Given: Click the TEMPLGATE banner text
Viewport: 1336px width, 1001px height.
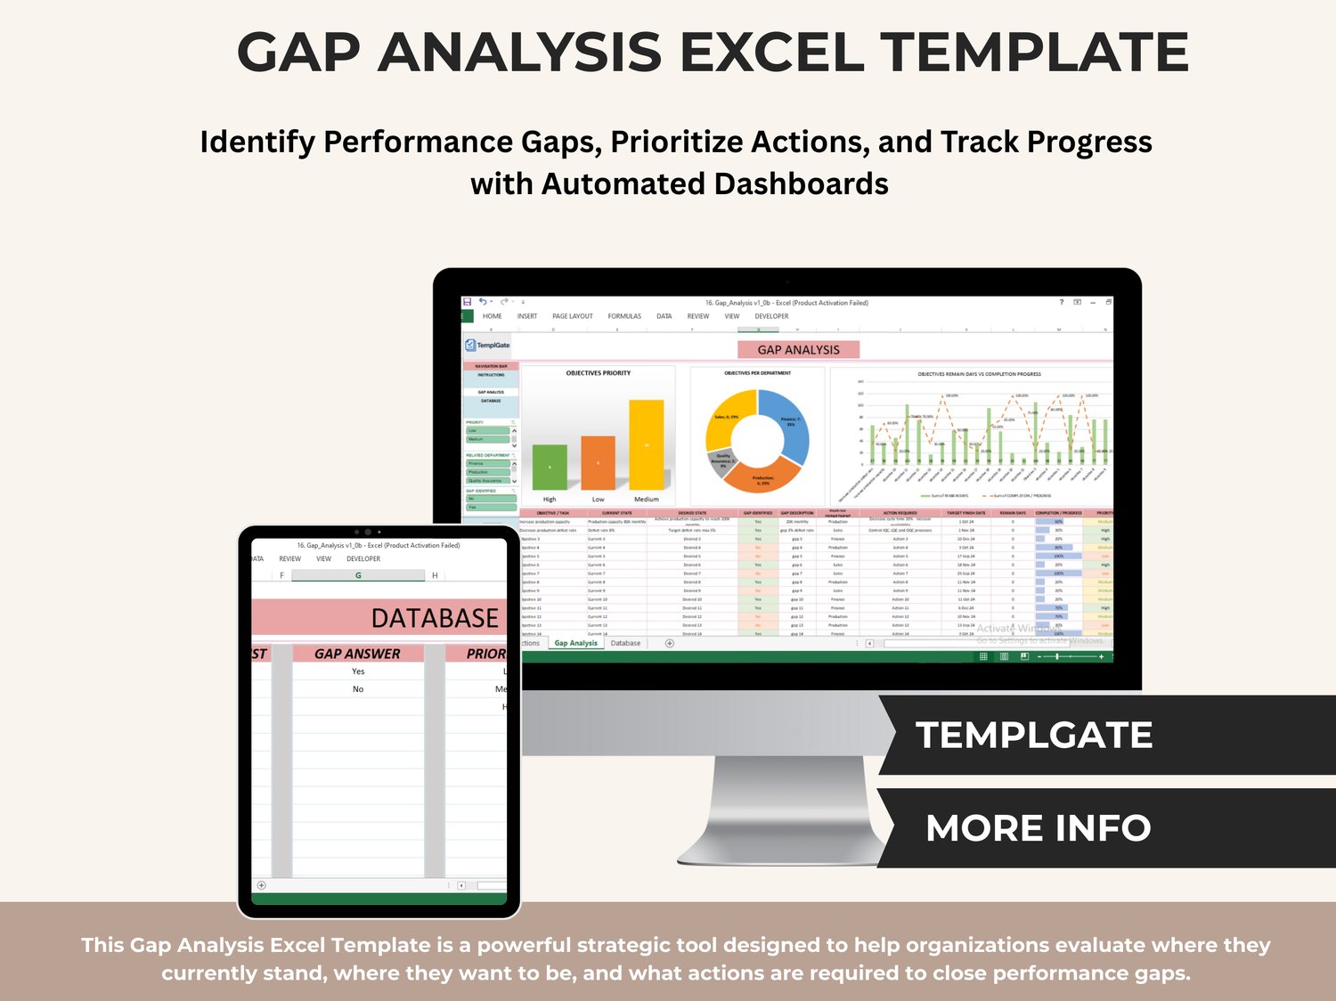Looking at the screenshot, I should [x=1034, y=736].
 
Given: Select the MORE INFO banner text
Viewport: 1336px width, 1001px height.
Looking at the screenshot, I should [x=1038, y=828].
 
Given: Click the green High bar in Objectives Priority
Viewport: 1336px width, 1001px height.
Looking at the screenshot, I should [x=550, y=467].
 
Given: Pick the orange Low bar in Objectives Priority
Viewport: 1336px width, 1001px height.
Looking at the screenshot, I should [x=598, y=463].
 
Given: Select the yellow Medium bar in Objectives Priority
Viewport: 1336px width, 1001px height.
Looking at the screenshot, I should [x=647, y=444].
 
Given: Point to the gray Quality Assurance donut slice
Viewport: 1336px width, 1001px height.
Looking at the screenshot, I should [x=721, y=459].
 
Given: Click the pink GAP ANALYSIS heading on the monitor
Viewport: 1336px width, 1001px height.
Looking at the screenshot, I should [x=798, y=350].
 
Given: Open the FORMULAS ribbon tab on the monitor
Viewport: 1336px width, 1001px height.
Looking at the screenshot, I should [x=624, y=316].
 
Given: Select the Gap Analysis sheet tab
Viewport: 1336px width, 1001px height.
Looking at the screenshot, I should [x=575, y=643].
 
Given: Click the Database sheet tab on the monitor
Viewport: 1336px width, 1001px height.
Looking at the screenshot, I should [x=625, y=643].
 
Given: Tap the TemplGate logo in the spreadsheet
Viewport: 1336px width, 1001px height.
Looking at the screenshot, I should [x=487, y=345].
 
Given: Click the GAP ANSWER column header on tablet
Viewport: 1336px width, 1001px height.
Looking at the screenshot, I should [x=357, y=654].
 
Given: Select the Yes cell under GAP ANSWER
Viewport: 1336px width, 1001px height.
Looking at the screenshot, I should [x=358, y=671].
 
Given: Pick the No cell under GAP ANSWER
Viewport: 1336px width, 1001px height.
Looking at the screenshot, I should [x=358, y=689].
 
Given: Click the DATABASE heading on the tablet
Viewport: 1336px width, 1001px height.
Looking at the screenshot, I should [x=435, y=618].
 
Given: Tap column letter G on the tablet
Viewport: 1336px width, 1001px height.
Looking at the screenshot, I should [x=358, y=575].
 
